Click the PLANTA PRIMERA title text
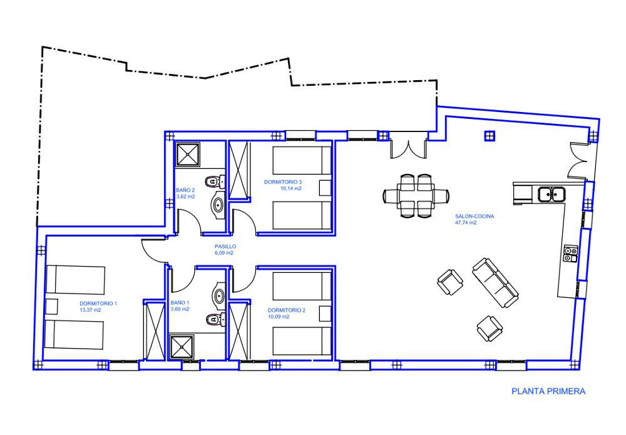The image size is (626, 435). (548, 391)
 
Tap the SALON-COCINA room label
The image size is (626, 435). (475, 217)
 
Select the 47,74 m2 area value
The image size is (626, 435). (466, 223)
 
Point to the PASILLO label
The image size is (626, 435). (225, 247)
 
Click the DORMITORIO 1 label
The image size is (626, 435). (98, 304)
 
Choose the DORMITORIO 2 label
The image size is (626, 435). (287, 310)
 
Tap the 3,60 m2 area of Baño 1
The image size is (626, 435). (180, 309)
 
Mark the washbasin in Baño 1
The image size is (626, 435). (218, 295)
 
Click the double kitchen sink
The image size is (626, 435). (551, 195)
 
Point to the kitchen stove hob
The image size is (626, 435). (570, 253)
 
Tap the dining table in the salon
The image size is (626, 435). (416, 195)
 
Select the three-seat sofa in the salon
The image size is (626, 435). (495, 282)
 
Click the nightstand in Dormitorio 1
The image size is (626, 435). (52, 307)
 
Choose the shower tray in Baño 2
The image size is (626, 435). (187, 155)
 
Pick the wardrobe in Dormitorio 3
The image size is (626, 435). (240, 170)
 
